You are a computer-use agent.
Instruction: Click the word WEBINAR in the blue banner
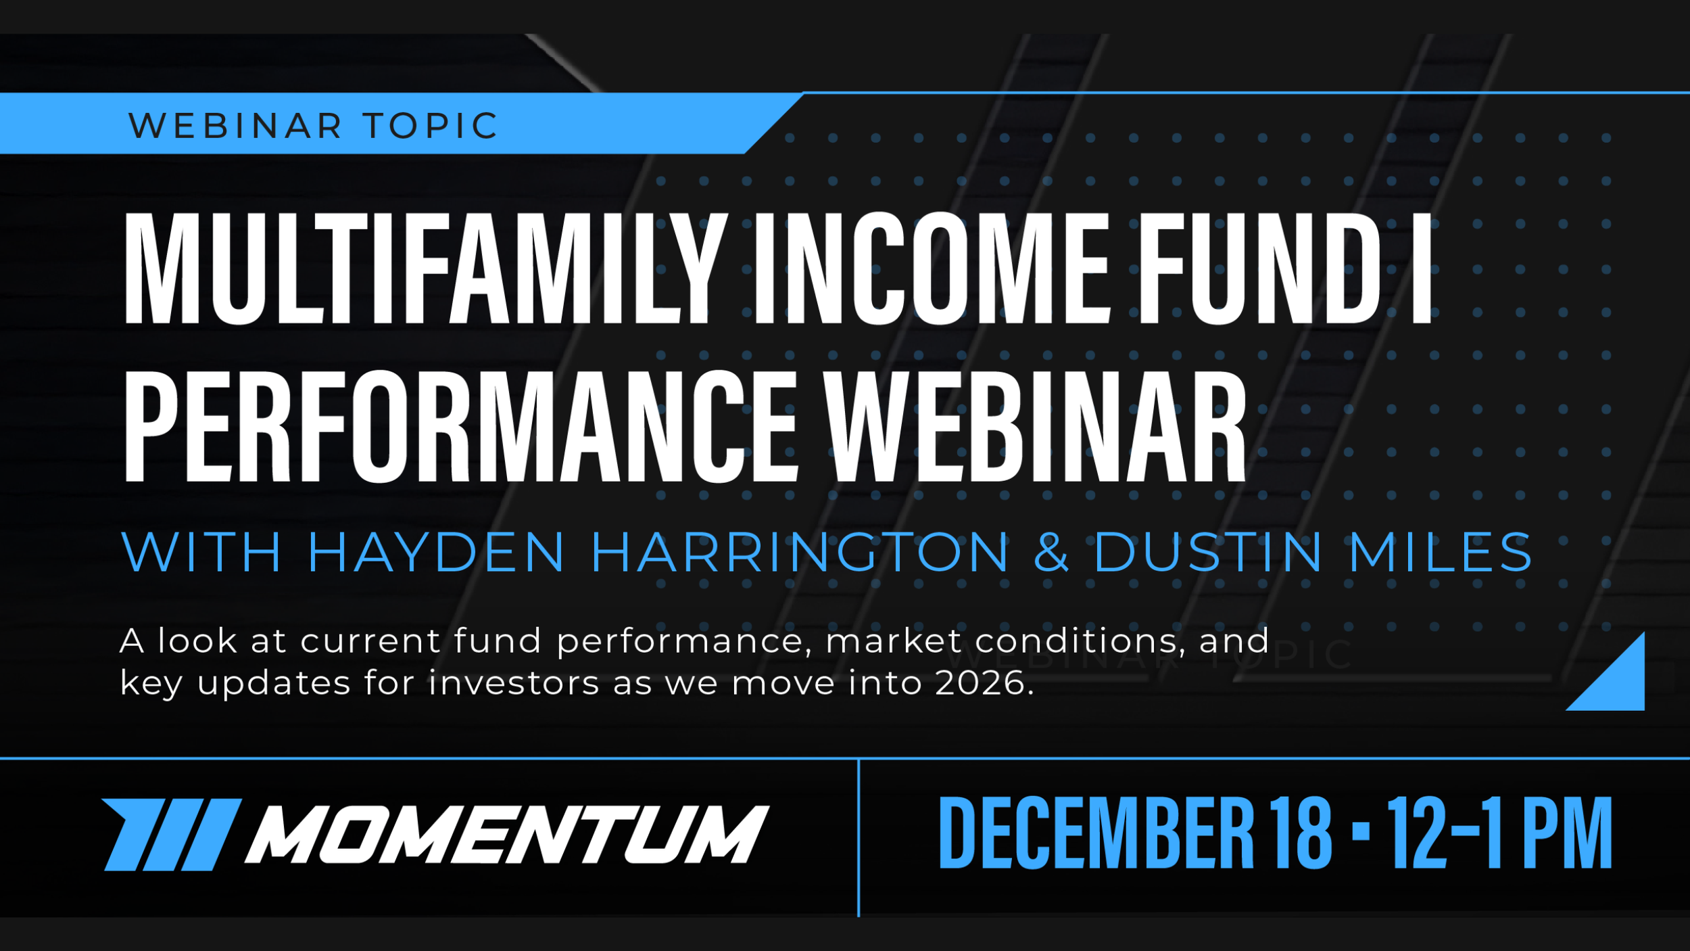pos(235,126)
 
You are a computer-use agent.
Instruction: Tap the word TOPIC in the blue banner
pos(431,126)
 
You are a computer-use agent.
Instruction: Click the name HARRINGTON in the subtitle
pos(800,553)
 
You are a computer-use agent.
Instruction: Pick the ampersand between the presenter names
pos(1052,553)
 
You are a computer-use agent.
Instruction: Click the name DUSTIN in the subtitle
pos(1208,553)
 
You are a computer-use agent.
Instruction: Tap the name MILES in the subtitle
pos(1441,553)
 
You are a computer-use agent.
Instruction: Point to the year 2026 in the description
pos(984,684)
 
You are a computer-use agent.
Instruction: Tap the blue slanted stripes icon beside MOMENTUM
pos(172,834)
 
